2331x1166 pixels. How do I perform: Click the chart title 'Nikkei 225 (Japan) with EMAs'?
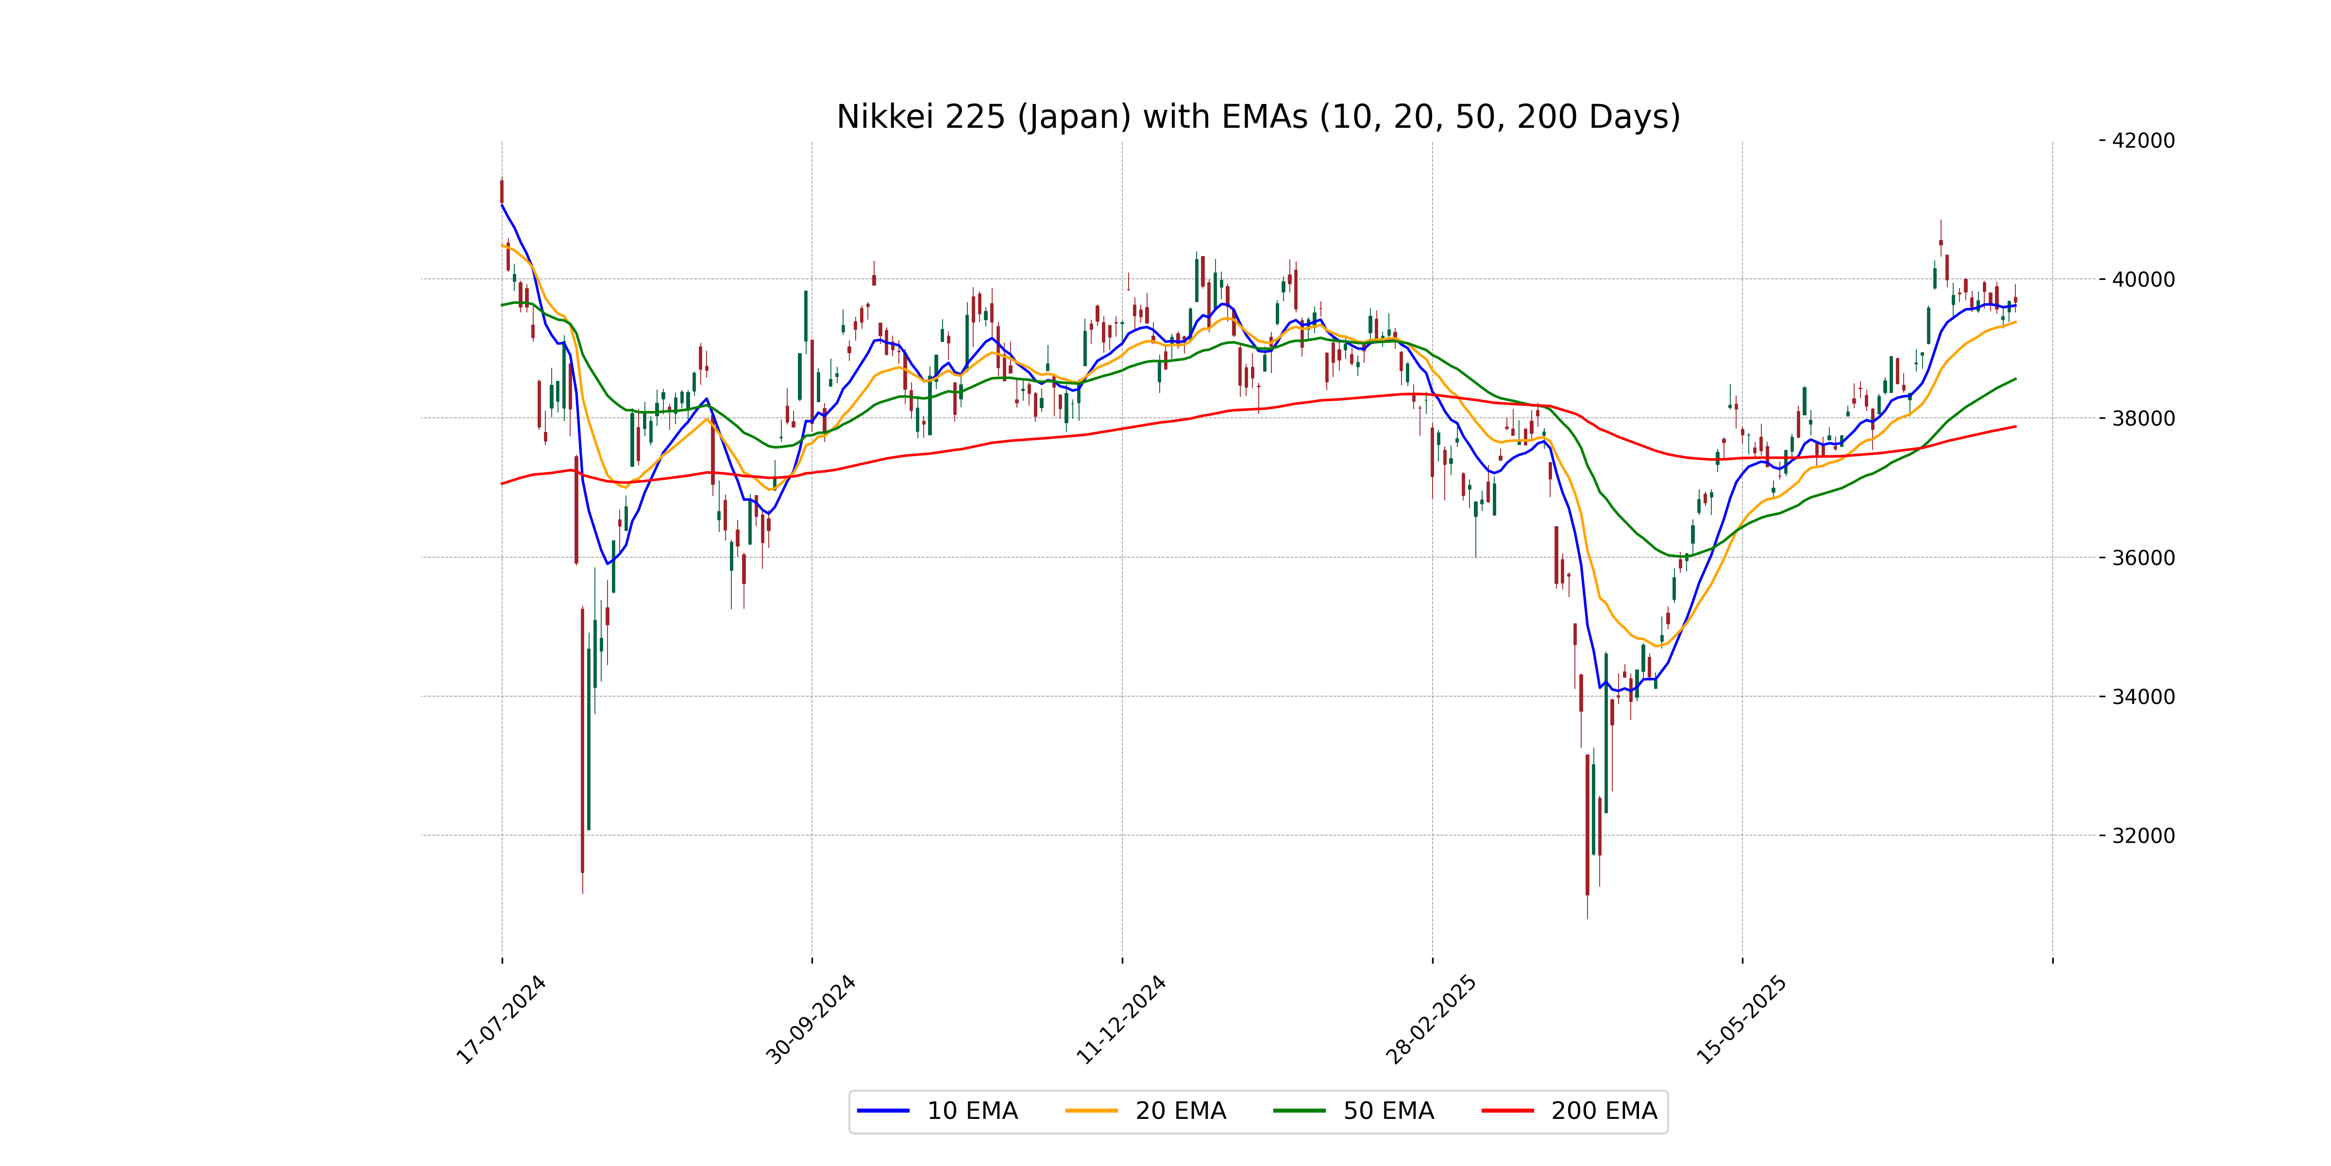[x=1258, y=117]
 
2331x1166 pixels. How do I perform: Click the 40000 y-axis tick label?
[x=2143, y=280]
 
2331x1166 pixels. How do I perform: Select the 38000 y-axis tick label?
[x=2143, y=418]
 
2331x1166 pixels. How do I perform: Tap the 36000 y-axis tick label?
[x=2143, y=558]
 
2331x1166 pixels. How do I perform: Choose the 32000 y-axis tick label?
[x=2143, y=836]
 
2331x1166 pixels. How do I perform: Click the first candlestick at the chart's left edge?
[x=502, y=192]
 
